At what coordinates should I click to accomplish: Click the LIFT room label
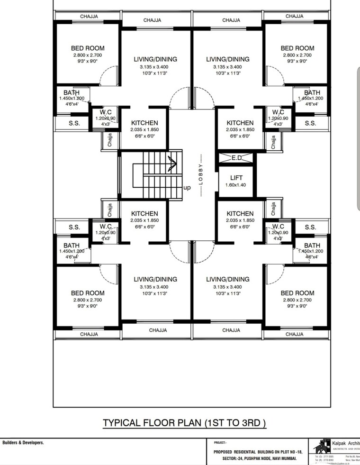tap(236, 178)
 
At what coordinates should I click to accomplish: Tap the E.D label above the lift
tap(236, 157)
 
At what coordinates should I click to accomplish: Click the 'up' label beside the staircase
tap(187, 188)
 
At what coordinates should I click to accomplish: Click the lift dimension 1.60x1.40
tap(236, 185)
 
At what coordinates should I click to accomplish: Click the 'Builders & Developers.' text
tap(23, 443)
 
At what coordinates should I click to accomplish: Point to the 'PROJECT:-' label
tap(220, 443)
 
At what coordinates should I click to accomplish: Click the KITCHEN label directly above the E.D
tap(240, 123)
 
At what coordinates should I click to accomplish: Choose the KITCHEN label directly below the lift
tap(240, 214)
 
